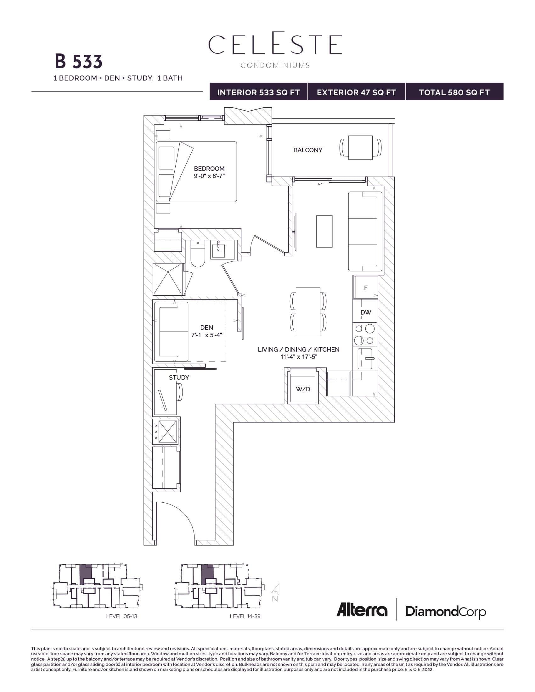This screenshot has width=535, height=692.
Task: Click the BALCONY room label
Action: (307, 150)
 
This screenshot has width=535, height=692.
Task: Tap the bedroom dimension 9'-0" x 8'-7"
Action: (209, 176)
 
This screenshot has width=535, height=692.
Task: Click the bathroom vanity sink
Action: (218, 250)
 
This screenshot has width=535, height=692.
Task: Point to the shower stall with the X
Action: (168, 279)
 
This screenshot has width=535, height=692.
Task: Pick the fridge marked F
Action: (366, 288)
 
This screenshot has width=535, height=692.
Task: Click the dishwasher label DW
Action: (366, 312)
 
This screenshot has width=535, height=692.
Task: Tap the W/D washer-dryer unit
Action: (303, 389)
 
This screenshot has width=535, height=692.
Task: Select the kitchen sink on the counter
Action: (365, 359)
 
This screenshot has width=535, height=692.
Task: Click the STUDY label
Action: (179, 377)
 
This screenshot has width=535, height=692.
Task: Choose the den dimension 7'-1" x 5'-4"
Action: (206, 335)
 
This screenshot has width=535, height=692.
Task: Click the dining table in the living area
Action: (308, 311)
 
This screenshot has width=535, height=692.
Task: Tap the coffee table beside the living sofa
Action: (324, 231)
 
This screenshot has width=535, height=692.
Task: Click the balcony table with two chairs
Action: (360, 148)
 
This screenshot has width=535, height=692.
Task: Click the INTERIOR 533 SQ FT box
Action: (258, 92)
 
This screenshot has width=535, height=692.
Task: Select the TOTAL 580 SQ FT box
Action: (454, 92)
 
